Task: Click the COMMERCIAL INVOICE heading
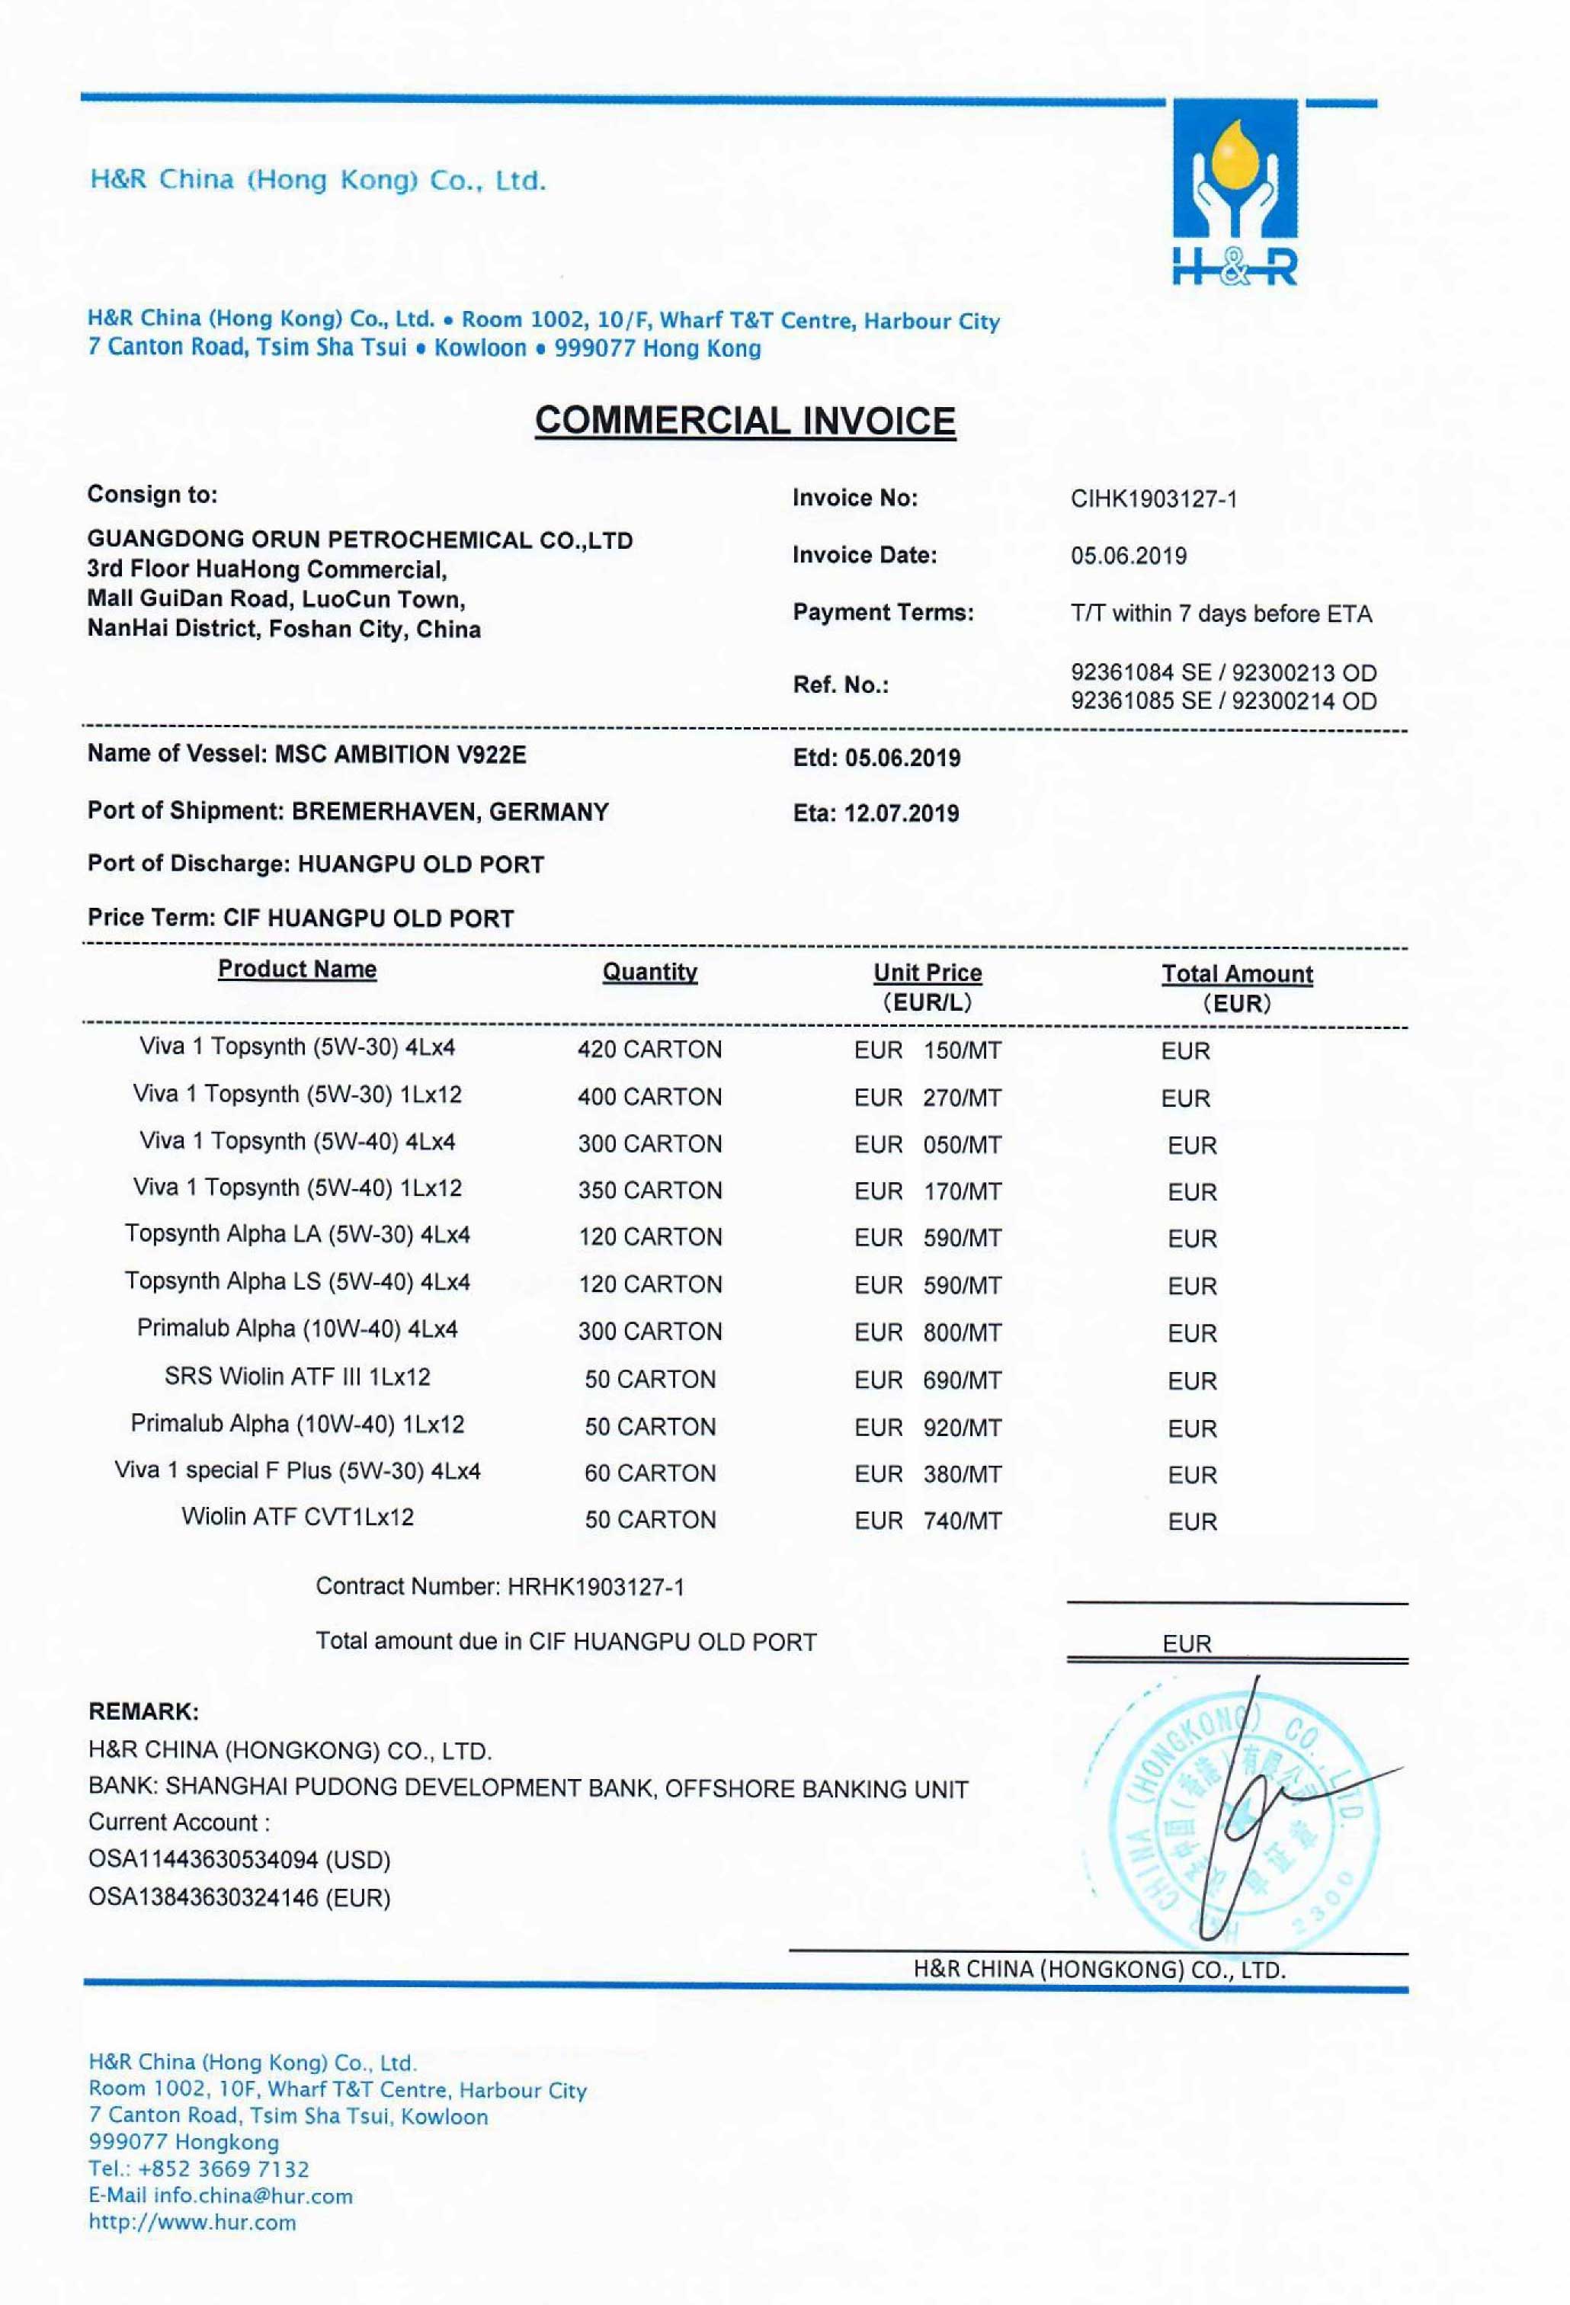click(745, 421)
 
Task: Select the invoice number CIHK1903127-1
click(1153, 499)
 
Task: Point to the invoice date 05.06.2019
click(1128, 556)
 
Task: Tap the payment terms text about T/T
click(1220, 614)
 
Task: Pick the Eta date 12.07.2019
click(901, 813)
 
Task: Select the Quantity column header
click(649, 972)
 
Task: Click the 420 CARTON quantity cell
click(649, 1050)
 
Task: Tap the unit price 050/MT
click(961, 1145)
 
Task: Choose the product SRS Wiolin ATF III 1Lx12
click(296, 1377)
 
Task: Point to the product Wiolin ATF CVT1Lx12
click(296, 1517)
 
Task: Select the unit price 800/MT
click(961, 1332)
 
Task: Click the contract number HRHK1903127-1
click(595, 1587)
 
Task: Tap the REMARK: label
click(143, 1711)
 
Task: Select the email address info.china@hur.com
click(253, 2196)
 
